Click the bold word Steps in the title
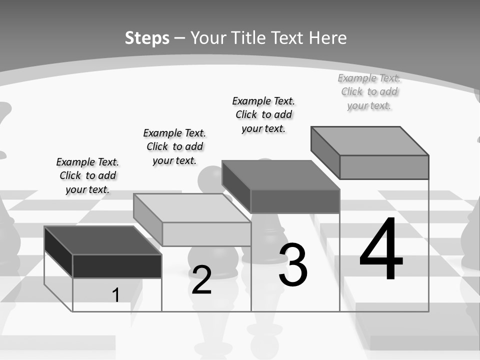point(147,38)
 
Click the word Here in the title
point(327,38)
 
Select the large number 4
point(381,249)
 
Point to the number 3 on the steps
point(293,265)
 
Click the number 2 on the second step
point(201,280)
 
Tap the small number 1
point(116,295)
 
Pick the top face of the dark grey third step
point(280,175)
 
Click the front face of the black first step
point(117,266)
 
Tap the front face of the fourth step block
point(384,167)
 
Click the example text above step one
point(87,175)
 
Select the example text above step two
point(174,146)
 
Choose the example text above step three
point(263,114)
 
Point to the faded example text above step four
point(369,91)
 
